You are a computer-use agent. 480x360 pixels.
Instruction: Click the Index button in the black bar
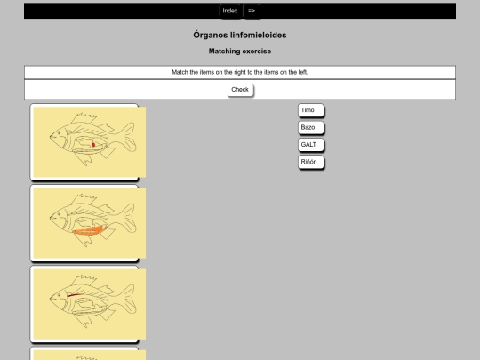point(230,11)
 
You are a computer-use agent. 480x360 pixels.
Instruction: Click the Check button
point(240,90)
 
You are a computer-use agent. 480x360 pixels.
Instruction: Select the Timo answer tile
point(311,110)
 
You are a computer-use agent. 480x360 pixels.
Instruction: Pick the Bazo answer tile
point(311,128)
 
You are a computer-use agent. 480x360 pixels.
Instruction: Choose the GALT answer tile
point(311,145)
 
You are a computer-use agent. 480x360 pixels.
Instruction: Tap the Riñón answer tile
point(311,163)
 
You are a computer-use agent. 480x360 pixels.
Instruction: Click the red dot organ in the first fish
point(93,145)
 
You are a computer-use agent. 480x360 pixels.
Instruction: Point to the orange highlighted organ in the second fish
point(89,231)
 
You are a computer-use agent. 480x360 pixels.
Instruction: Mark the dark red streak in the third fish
point(74,295)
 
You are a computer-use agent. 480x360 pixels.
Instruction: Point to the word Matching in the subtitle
point(224,52)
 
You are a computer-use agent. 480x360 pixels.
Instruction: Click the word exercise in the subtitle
point(257,52)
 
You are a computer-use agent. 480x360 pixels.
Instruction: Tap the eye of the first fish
point(59,133)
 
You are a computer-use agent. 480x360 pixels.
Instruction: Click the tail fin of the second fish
point(128,218)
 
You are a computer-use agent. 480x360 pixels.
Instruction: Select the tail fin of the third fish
point(128,299)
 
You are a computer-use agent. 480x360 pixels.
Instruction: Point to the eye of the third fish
point(59,295)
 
